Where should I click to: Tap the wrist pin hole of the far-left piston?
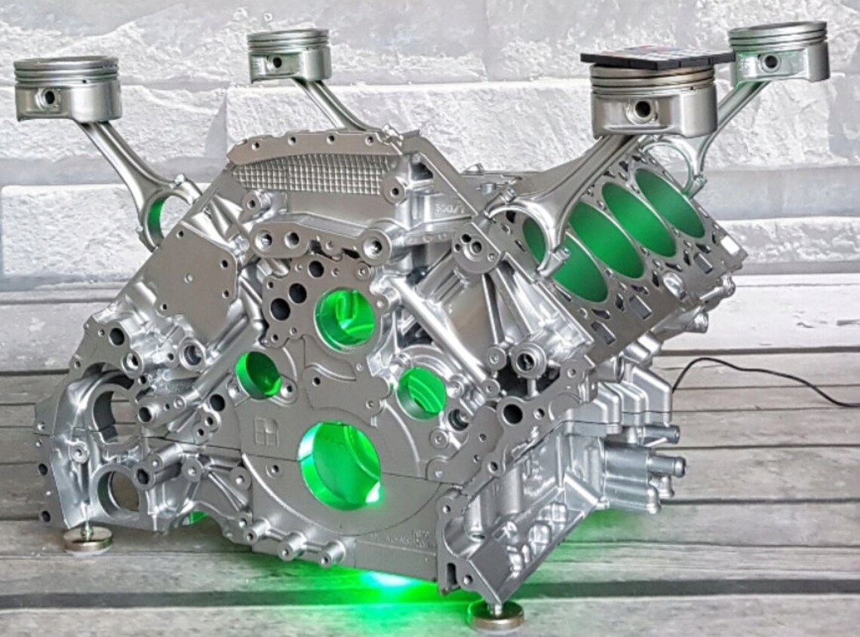pyautogui.click(x=49, y=97)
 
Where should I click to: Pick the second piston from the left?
pyautogui.click(x=289, y=54)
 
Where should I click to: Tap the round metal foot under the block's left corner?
pyautogui.click(x=87, y=539)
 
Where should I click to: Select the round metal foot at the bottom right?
pyautogui.click(x=496, y=614)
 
